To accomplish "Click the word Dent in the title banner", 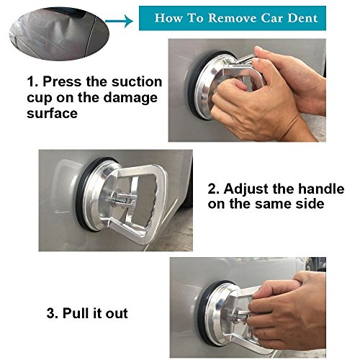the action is tap(303, 18).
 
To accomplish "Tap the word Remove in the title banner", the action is tap(232, 18).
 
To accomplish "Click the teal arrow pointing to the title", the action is tap(119, 22).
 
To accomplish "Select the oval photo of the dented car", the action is tap(59, 34).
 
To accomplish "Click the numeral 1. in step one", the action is tap(32, 82).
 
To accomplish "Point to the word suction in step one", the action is tap(137, 82).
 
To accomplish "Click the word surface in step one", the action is tap(52, 113).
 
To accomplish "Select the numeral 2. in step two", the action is tap(214, 189).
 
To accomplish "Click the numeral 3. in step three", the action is tap(53, 313).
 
